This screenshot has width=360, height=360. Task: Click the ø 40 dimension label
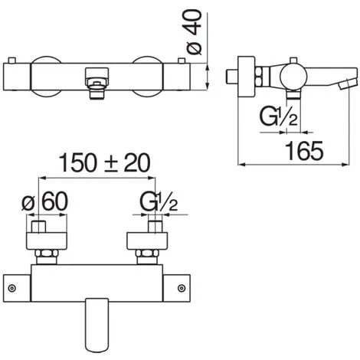[194, 32]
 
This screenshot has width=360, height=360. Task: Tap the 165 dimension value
[304, 151]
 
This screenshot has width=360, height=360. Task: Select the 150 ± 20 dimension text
[105, 163]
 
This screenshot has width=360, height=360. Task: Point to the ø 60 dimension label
[45, 201]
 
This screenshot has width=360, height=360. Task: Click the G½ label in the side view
[278, 116]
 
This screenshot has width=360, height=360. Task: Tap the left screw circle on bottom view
[11, 288]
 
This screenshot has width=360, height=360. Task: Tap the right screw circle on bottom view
[182, 288]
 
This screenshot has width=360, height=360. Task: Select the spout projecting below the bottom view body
[97, 325]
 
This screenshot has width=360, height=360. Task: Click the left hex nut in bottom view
[47, 254]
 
